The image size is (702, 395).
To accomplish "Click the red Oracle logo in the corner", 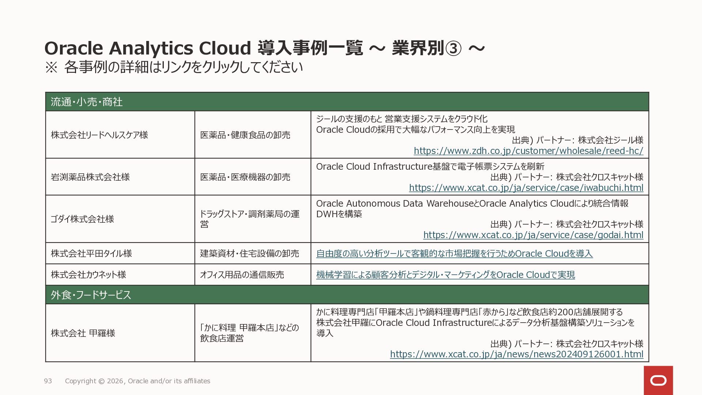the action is click(x=658, y=380).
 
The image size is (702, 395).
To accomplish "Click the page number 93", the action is click(x=48, y=381).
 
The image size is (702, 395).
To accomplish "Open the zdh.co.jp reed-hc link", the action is click(x=528, y=151).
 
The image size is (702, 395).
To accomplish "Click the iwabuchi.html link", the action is click(x=526, y=188).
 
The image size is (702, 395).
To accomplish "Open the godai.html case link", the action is click(x=533, y=235).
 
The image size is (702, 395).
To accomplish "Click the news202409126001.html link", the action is click(x=517, y=354).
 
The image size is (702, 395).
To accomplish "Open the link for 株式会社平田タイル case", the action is click(x=454, y=253).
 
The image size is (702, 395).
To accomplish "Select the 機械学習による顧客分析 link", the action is click(x=445, y=275).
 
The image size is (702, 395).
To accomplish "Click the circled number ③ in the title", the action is click(x=453, y=48).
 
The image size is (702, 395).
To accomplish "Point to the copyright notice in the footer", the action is click(x=137, y=381).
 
